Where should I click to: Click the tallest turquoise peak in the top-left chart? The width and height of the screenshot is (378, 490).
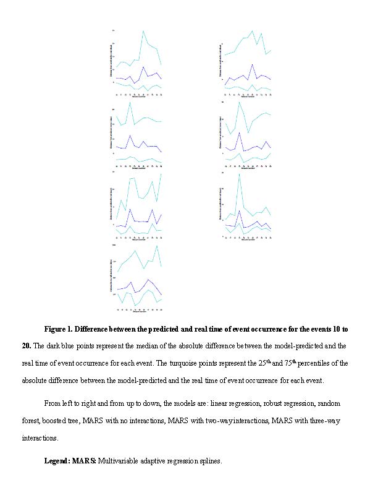pos(143,30)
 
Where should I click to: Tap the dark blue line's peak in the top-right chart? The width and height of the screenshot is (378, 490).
pos(252,64)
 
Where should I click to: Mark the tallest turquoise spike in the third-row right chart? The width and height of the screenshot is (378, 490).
pos(239,174)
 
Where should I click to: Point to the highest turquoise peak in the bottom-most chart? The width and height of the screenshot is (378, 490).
pos(157,246)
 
